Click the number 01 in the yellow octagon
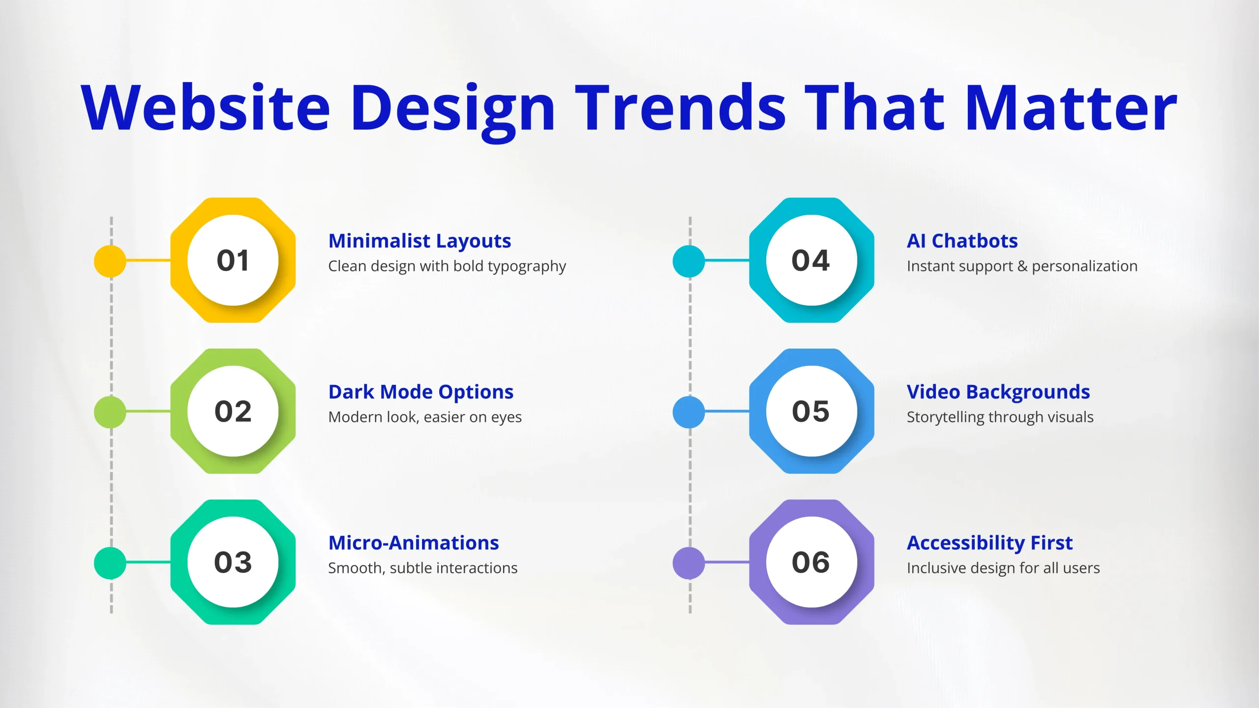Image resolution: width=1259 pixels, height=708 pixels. pyautogui.click(x=233, y=260)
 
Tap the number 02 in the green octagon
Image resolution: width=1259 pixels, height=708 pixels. pyautogui.click(x=233, y=411)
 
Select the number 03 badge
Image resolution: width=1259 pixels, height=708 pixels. pyautogui.click(x=233, y=562)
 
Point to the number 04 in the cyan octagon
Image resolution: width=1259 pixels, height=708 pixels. pyautogui.click(x=810, y=260)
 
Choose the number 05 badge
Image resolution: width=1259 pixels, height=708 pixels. pyautogui.click(x=810, y=411)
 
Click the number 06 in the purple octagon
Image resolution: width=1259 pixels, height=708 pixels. pyautogui.click(x=810, y=562)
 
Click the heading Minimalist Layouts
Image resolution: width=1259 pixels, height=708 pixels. pyautogui.click(x=420, y=241)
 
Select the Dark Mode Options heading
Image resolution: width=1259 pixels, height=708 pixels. pyautogui.click(x=421, y=392)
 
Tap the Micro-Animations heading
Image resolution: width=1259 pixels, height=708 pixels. pyautogui.click(x=414, y=543)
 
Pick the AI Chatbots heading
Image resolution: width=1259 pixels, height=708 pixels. pyautogui.click(x=962, y=241)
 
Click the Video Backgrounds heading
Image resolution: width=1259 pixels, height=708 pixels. pyautogui.click(x=998, y=392)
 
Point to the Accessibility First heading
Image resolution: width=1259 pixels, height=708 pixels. pyautogui.click(x=989, y=543)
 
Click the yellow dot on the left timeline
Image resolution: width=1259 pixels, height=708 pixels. pyautogui.click(x=110, y=261)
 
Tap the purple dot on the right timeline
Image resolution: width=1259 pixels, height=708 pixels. pyautogui.click(x=689, y=563)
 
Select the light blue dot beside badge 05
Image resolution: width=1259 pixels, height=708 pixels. pyautogui.click(x=689, y=412)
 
